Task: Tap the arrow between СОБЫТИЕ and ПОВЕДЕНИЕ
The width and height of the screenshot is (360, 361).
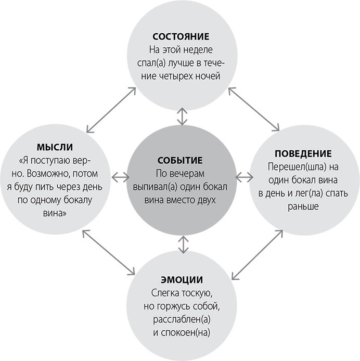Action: pyautogui.click(x=242, y=177)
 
